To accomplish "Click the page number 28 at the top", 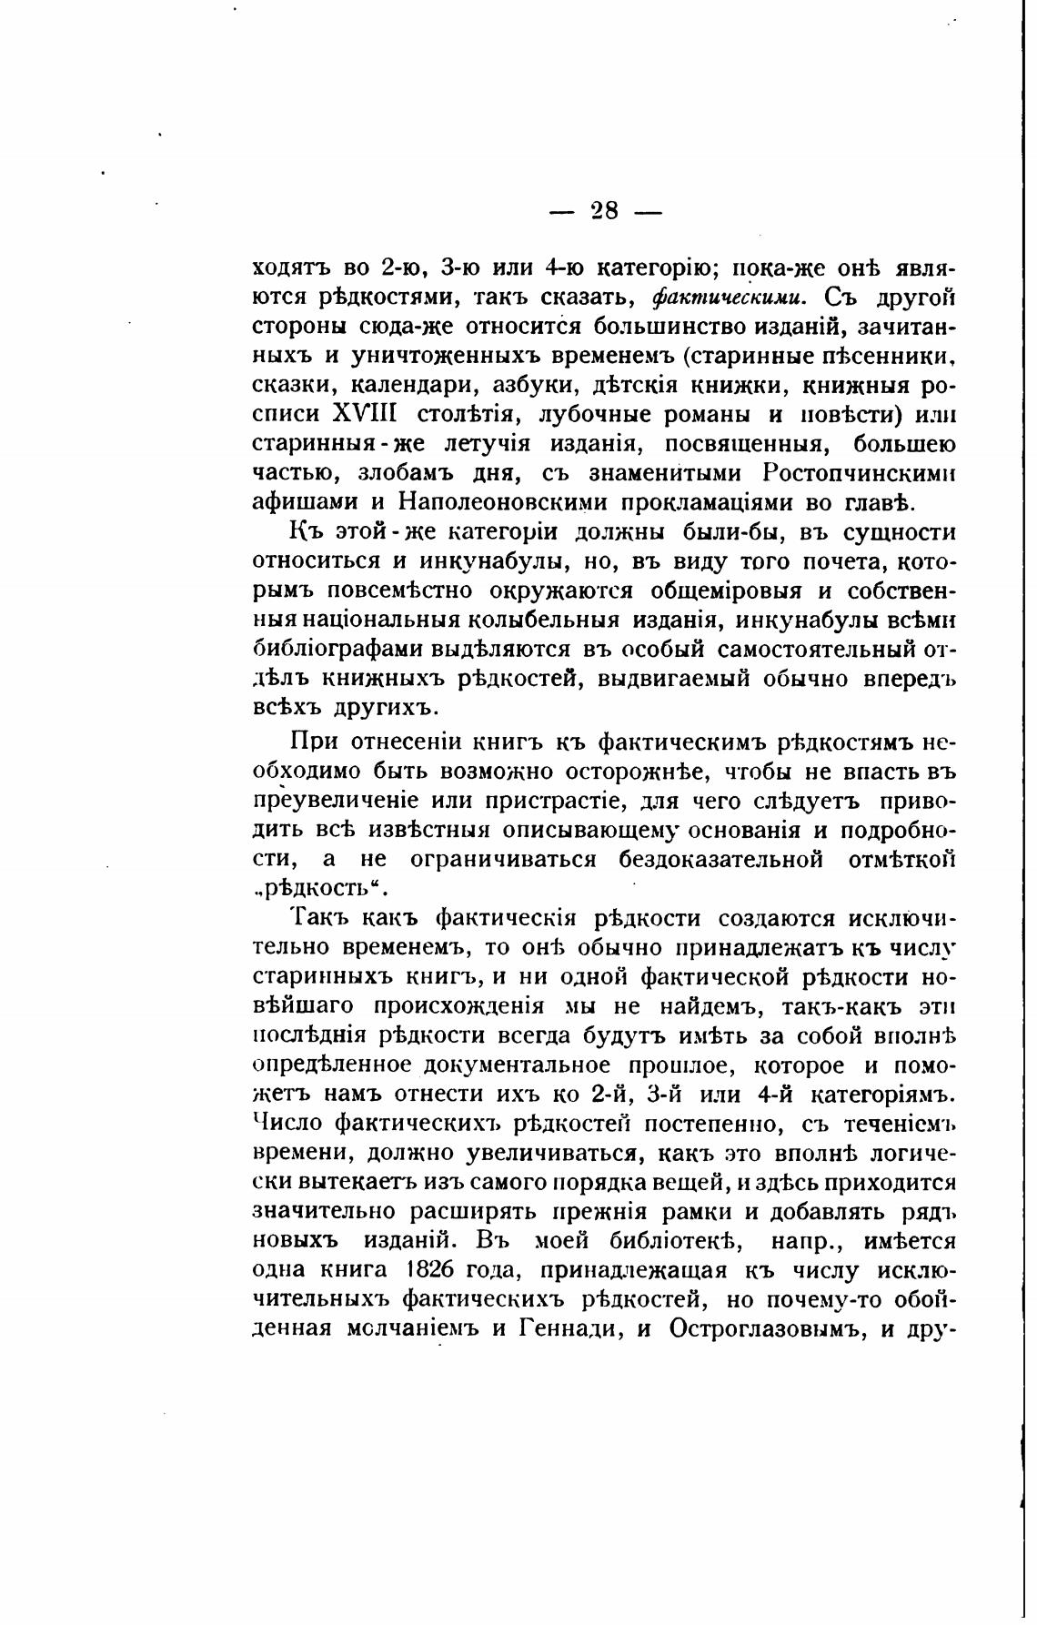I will (x=605, y=211).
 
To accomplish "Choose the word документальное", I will (x=523, y=1064).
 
